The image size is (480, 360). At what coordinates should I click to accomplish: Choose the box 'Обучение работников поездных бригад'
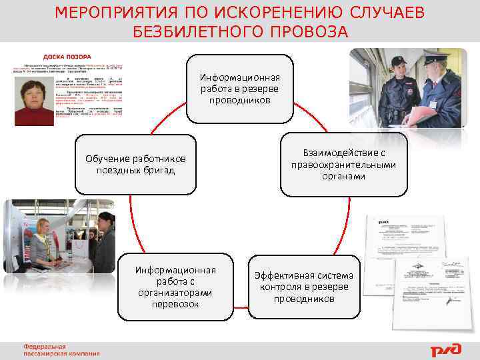pos(136,165)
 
